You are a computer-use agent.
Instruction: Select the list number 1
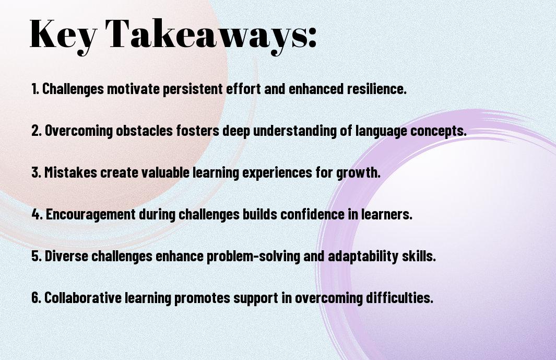(x=35, y=89)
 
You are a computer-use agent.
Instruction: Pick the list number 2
(x=37, y=131)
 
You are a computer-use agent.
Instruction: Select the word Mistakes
(x=70, y=172)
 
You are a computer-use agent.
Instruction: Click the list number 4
(x=37, y=214)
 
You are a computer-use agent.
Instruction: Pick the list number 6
(x=37, y=298)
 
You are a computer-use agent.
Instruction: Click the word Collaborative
(x=83, y=298)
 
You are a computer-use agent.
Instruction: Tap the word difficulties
(x=399, y=298)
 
